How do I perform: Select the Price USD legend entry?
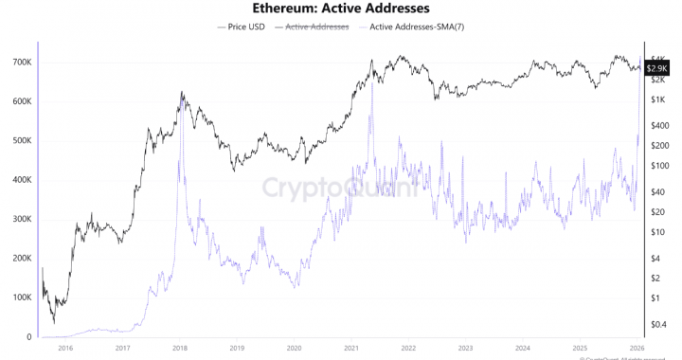[245, 27]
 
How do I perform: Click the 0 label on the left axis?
[28, 337]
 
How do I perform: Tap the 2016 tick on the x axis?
[65, 348]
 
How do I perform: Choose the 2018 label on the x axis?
[180, 348]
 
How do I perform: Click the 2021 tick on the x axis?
[351, 348]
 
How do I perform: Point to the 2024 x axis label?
[523, 348]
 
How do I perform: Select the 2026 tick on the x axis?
[637, 348]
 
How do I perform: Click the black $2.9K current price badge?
[658, 68]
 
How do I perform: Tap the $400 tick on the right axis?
[660, 126]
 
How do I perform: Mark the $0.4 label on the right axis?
[660, 324]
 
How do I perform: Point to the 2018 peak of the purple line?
[179, 161]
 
